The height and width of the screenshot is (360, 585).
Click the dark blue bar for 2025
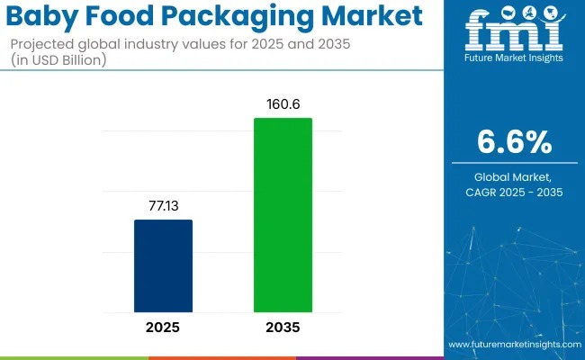[163, 266]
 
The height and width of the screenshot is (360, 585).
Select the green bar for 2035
[283, 216]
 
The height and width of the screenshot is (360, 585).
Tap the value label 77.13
[163, 207]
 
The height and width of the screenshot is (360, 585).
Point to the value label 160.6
[283, 104]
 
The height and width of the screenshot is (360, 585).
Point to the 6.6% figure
[514, 141]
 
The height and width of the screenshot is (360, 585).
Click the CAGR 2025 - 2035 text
[514, 193]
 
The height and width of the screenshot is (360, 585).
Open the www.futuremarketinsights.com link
[513, 345]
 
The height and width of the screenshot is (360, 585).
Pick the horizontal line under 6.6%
[514, 163]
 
